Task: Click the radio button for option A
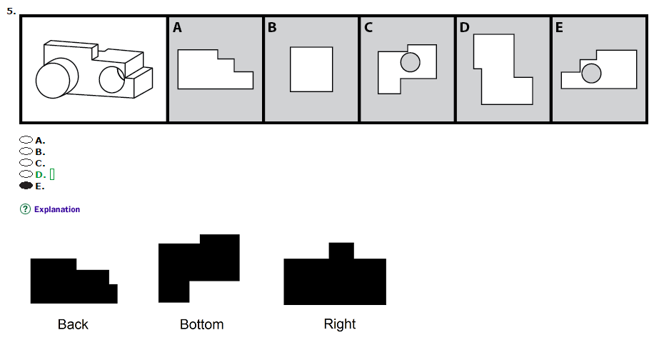click(x=26, y=141)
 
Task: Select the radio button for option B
click(x=26, y=152)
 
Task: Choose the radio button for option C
click(x=26, y=164)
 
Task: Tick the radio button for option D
click(x=26, y=174)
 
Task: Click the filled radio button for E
click(x=26, y=186)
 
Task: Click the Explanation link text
click(x=57, y=209)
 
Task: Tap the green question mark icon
click(x=25, y=209)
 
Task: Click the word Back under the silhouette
click(x=73, y=324)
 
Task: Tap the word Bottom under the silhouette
click(x=201, y=324)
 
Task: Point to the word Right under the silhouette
click(x=339, y=324)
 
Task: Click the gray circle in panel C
click(x=410, y=62)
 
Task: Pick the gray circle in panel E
click(x=590, y=73)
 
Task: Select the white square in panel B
click(x=311, y=69)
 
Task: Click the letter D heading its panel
click(x=464, y=28)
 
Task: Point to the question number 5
click(x=11, y=10)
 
